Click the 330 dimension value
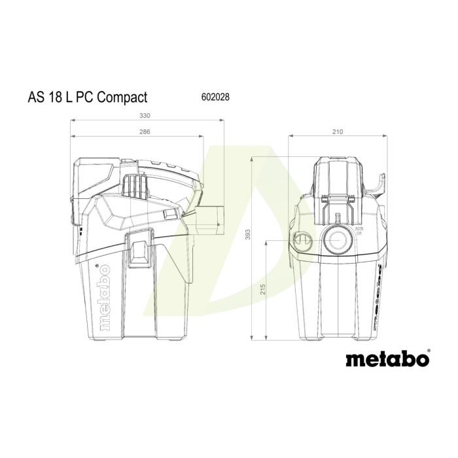[x=145, y=116]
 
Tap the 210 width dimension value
[x=337, y=132]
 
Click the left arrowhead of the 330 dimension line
[x=73, y=121]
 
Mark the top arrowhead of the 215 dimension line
[x=266, y=242]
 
